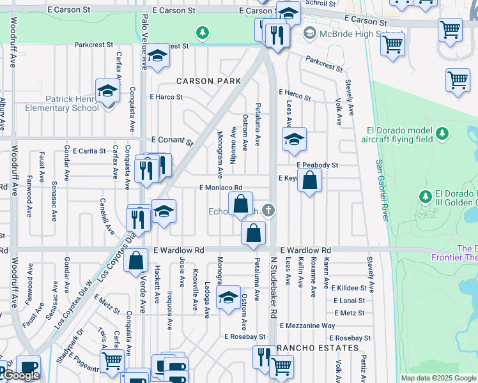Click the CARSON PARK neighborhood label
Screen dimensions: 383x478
[x=208, y=81]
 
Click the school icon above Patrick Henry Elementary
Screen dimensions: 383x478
[x=108, y=92]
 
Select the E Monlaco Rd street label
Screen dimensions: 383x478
[x=220, y=188]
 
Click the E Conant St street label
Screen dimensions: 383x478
[x=171, y=140]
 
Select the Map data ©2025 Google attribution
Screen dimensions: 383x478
[x=438, y=378]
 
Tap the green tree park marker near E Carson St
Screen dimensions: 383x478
[x=203, y=32]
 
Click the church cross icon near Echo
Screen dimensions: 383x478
[x=270, y=209]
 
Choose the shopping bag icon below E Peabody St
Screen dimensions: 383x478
[x=309, y=182]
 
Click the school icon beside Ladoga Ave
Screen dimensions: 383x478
[x=228, y=298]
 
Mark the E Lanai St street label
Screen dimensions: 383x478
[x=348, y=301]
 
